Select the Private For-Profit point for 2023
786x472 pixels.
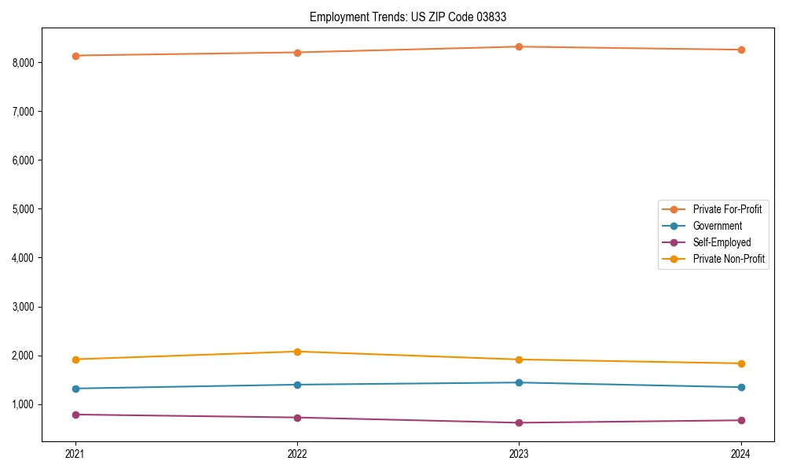(x=519, y=46)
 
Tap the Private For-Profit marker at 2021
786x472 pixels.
(x=75, y=56)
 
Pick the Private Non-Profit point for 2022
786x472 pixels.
(x=297, y=352)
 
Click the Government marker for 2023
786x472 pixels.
(x=519, y=382)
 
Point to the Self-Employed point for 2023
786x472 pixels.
(x=519, y=422)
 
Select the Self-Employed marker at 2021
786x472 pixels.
(x=75, y=415)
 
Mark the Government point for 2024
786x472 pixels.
(x=740, y=387)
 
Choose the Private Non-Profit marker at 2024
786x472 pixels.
(x=740, y=363)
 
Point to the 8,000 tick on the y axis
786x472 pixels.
(x=27, y=63)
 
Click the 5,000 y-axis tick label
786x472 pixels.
(x=27, y=209)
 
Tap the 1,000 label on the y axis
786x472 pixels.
(x=27, y=404)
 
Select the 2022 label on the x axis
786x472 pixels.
(x=297, y=454)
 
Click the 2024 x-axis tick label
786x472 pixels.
(x=740, y=454)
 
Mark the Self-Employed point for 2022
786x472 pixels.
(x=297, y=418)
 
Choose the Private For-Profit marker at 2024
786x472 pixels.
(x=740, y=50)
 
